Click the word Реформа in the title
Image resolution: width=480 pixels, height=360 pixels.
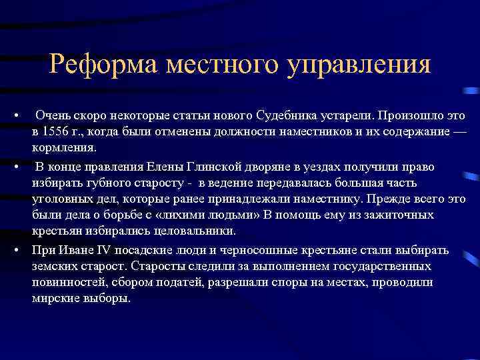(x=102, y=65)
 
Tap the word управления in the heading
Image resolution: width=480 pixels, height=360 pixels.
(x=361, y=65)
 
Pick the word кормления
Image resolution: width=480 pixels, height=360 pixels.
(x=64, y=147)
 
